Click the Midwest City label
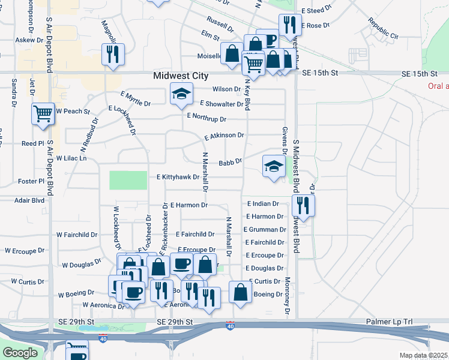tap(181, 76)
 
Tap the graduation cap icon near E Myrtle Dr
tap(181, 93)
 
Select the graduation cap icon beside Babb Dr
tap(273, 166)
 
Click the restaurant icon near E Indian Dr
tap(302, 205)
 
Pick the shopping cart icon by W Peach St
tap(43, 113)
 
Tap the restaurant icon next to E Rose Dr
tap(290, 25)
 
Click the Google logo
tap(20, 353)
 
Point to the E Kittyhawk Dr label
tap(178, 178)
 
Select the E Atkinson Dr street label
tap(224, 136)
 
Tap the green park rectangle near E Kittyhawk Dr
tap(128, 180)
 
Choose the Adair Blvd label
tap(30, 200)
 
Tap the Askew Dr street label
tap(29, 40)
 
